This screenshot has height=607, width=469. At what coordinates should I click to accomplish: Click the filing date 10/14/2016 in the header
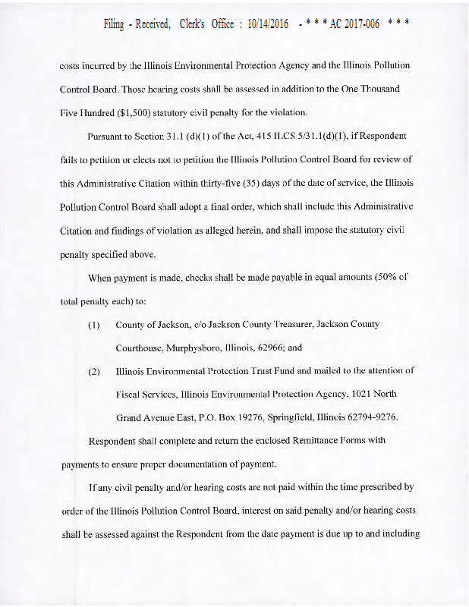268,24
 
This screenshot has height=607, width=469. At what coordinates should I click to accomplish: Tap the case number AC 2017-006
354,24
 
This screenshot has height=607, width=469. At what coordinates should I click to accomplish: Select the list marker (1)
95,325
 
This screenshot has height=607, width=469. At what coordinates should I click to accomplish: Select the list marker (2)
95,371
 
